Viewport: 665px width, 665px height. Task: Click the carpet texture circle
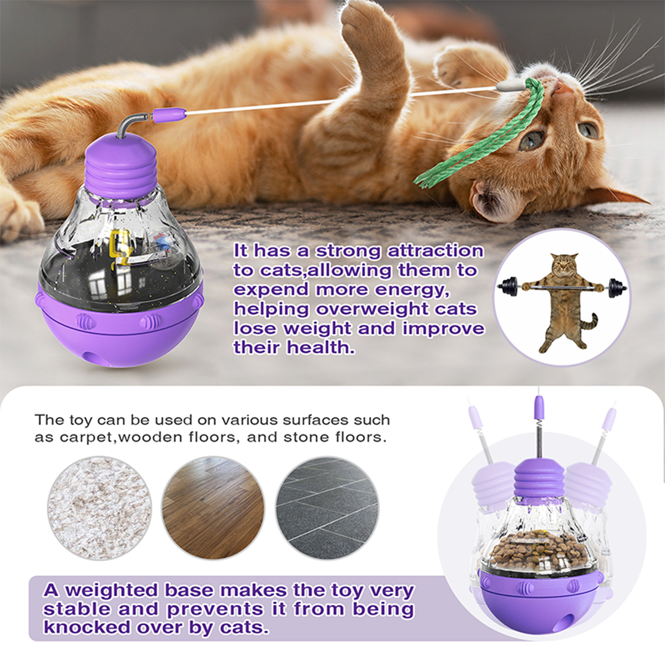(99, 508)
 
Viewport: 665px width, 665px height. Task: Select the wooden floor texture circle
(213, 508)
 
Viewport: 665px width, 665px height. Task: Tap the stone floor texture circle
(328, 508)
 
